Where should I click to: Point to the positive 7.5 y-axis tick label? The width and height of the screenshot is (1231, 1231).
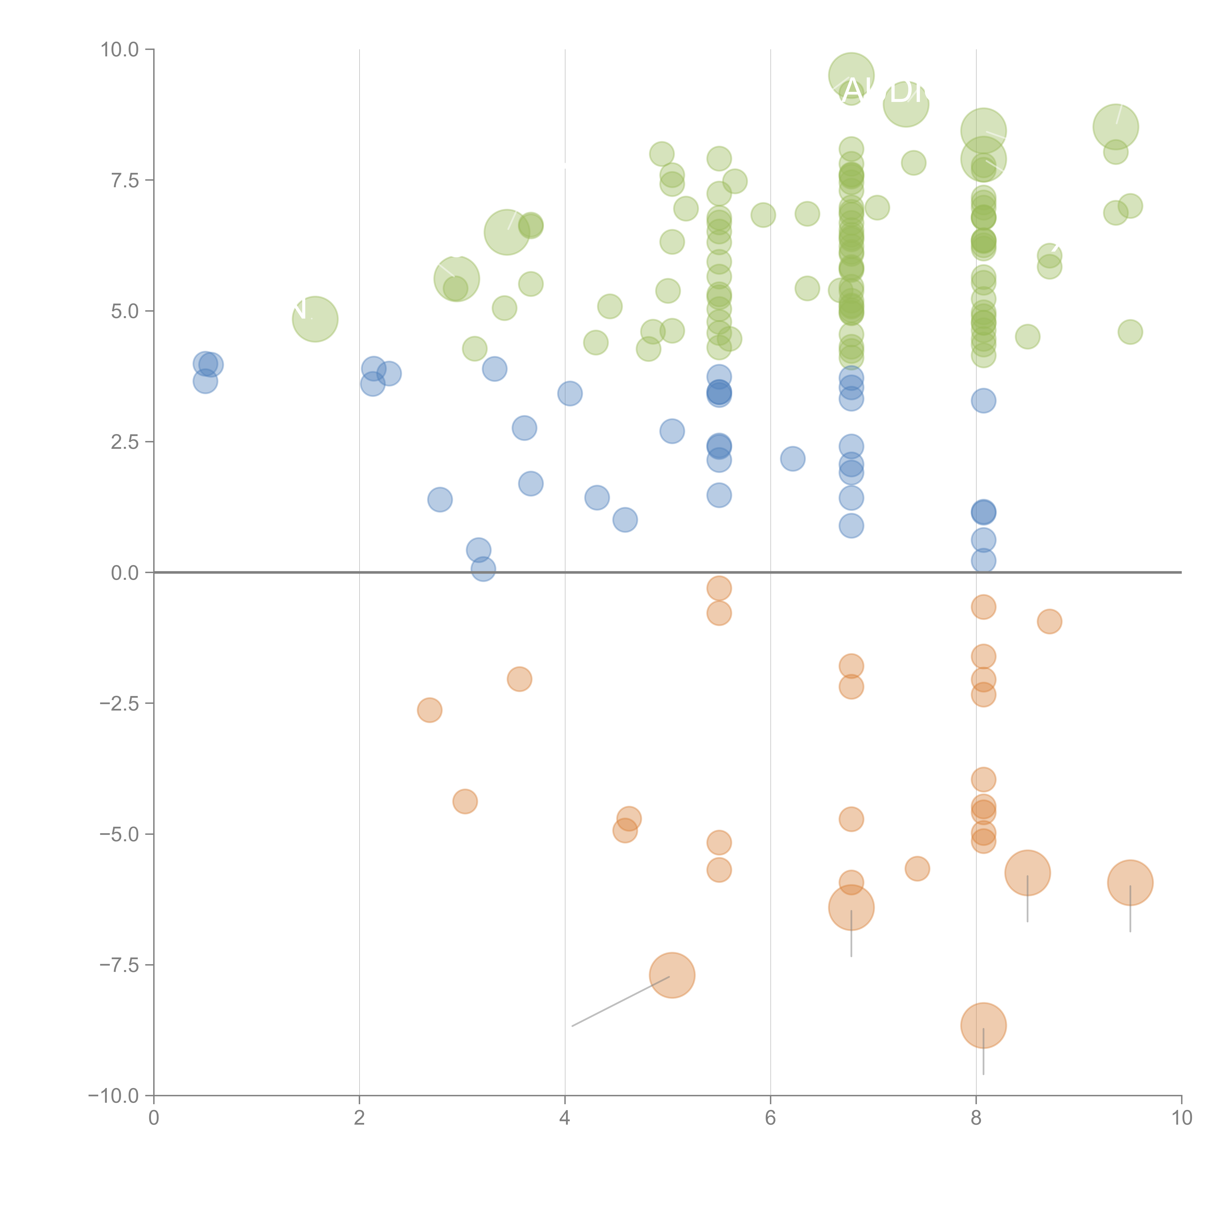pos(124,180)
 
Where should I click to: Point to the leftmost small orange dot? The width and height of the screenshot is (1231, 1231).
pos(429,710)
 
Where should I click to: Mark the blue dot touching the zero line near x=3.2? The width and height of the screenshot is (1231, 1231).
pos(483,569)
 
